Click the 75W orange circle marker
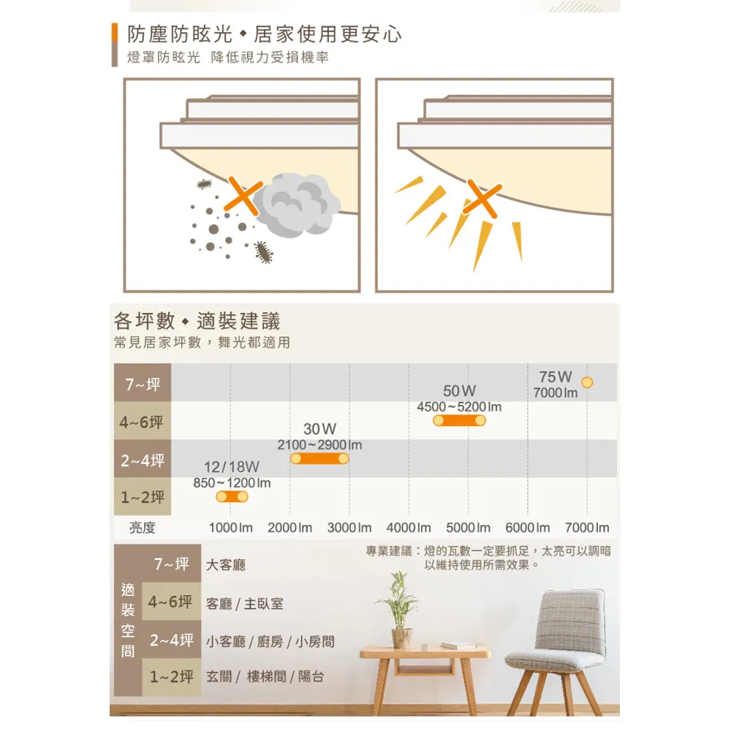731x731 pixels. (586, 382)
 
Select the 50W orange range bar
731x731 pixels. (459, 421)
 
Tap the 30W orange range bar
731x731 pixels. (319, 458)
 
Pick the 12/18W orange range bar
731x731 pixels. (232, 497)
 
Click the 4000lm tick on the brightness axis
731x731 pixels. (409, 528)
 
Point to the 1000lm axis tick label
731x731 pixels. (230, 528)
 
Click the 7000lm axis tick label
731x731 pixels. (586, 528)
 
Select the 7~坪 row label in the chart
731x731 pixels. (143, 385)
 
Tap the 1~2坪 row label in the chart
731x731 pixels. (143, 498)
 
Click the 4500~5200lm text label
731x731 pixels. (459, 406)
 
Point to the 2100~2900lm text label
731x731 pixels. (319, 444)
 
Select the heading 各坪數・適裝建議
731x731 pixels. (197, 321)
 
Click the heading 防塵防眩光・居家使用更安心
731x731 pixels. (264, 34)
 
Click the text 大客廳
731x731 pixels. (226, 565)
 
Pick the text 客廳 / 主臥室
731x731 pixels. (245, 604)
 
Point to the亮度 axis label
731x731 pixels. (143, 528)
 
